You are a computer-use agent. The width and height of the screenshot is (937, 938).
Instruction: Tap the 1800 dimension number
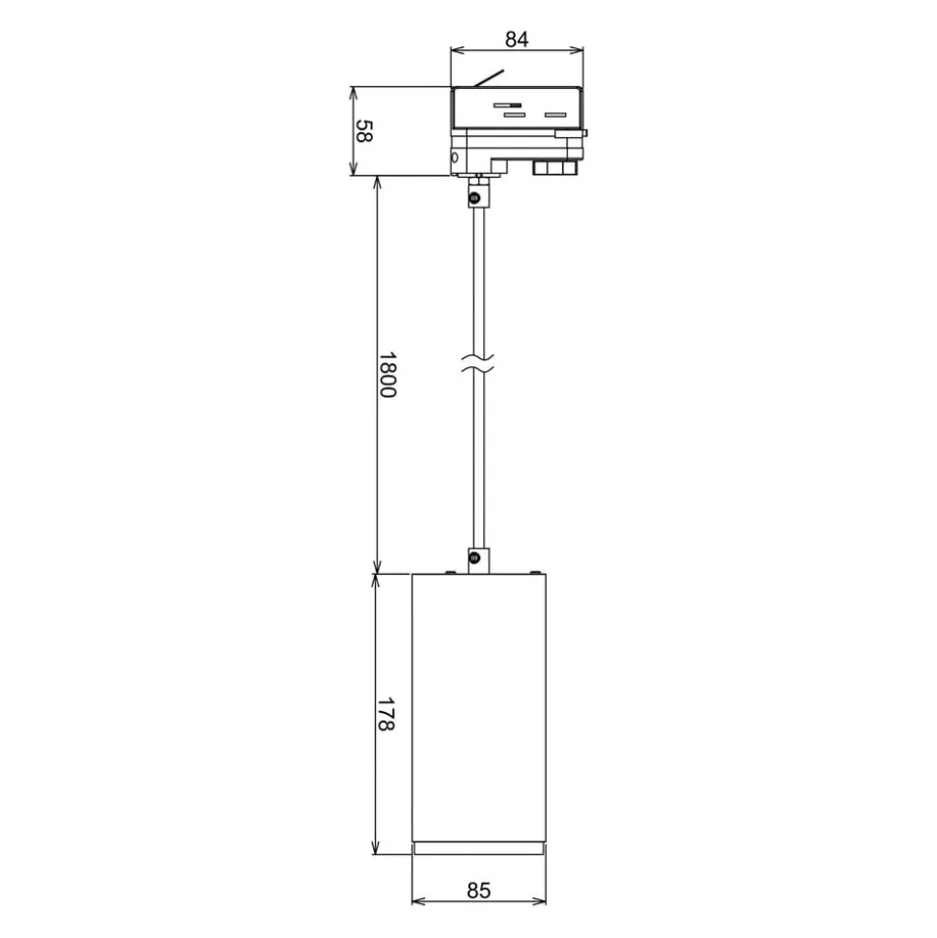[386, 375]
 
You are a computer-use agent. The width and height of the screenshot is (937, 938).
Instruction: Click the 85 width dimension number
[479, 890]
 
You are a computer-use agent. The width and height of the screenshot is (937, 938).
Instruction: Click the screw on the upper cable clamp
[474, 198]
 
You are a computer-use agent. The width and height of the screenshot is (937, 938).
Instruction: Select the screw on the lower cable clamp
[474, 557]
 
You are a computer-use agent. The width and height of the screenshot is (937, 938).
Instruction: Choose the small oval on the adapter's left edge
[454, 156]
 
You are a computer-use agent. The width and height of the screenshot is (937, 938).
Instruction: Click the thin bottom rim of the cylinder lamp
[479, 849]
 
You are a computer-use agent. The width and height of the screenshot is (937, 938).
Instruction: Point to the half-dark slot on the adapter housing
[507, 104]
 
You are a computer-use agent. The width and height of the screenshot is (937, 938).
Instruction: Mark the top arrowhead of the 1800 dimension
[376, 184]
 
